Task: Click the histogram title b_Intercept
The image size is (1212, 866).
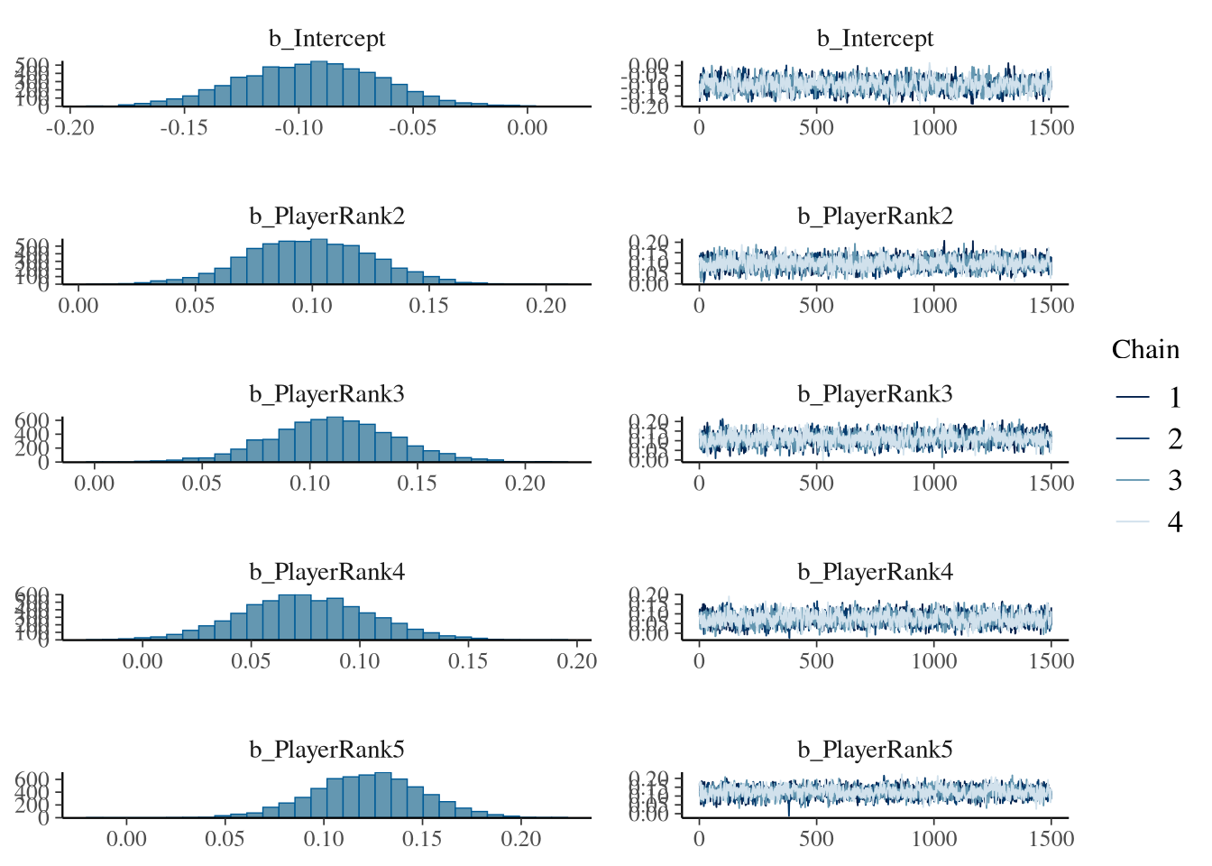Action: point(326,39)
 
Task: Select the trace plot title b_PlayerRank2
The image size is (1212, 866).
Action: point(875,216)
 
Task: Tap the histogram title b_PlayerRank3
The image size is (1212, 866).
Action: point(326,394)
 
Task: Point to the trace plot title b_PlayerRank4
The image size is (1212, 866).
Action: point(875,572)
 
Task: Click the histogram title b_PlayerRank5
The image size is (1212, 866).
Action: point(326,750)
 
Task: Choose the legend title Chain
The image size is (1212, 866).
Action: point(1145,350)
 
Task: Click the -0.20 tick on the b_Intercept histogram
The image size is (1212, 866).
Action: point(69,127)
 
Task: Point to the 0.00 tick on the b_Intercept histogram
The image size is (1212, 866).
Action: point(527,127)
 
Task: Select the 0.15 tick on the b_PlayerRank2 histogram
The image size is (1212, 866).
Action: point(428,305)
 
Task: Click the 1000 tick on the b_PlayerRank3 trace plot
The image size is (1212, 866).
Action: point(933,483)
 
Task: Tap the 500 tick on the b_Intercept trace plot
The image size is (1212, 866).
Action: point(816,127)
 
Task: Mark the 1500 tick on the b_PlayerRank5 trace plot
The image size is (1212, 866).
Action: point(1051,838)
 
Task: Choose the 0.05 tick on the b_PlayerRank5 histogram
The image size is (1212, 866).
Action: point(225,838)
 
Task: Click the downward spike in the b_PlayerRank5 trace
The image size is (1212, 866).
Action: point(789,809)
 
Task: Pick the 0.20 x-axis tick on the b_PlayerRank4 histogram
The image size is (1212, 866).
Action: point(577,660)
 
